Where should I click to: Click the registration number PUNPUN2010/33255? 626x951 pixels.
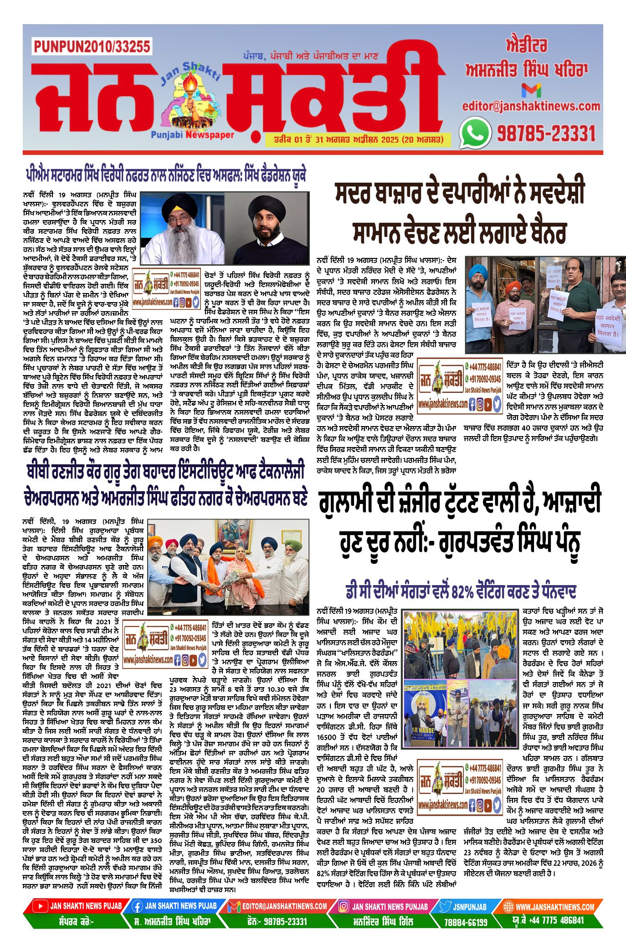(92, 46)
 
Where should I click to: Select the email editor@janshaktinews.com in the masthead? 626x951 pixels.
(531, 106)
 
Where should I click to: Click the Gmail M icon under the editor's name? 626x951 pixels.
(531, 90)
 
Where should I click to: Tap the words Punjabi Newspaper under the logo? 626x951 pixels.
(192, 135)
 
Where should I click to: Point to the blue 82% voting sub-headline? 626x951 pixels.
(461, 591)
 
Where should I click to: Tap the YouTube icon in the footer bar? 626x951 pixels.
(41, 906)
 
